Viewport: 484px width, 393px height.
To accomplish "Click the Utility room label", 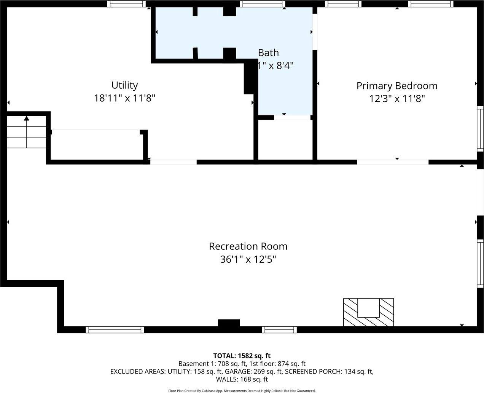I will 124,85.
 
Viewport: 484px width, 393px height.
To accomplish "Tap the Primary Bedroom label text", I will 396,86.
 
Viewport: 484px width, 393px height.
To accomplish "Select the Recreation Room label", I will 248,246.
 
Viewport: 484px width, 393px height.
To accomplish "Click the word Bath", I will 268,53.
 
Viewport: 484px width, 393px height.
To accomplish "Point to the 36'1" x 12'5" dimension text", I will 248,259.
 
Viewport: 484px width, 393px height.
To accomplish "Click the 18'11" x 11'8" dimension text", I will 124,98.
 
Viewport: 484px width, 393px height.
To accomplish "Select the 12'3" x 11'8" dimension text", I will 396,99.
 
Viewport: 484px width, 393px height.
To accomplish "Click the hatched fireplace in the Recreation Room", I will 368,312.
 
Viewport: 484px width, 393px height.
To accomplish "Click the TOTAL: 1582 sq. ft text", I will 242,356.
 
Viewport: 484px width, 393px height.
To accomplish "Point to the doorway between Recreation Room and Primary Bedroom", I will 393,162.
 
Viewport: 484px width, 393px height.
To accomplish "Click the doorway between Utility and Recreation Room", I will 173,162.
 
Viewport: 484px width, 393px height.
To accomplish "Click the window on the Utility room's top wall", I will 126,4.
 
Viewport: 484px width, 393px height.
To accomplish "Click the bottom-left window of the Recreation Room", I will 115,330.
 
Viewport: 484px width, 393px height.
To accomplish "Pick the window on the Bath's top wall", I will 263,4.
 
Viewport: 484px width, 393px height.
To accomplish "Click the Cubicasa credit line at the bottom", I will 242,391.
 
